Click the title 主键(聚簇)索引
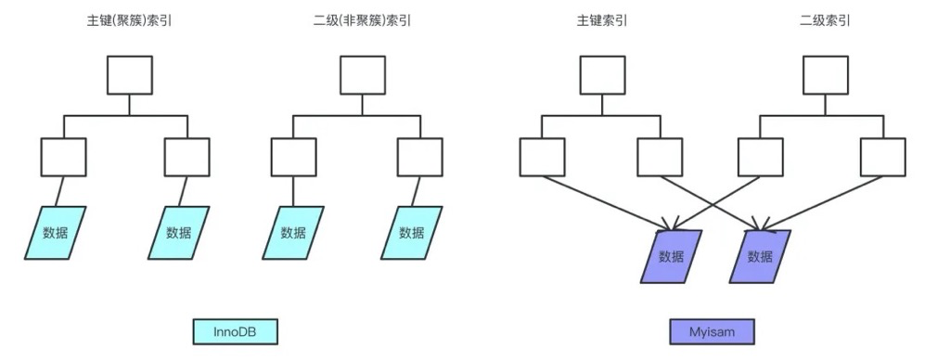click(126, 19)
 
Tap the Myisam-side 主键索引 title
click(589, 19)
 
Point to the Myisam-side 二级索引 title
click(824, 19)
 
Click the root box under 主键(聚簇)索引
click(129, 74)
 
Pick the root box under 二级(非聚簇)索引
click(361, 74)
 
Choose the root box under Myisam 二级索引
click(825, 74)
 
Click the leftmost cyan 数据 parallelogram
click(55, 232)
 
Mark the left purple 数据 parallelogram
click(670, 256)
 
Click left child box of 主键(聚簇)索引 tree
click(63, 157)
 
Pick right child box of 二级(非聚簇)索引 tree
click(418, 157)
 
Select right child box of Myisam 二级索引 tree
click(881, 157)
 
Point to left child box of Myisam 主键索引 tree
click(542, 157)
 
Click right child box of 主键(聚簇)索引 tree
click(186, 157)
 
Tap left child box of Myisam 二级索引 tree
click(760, 157)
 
